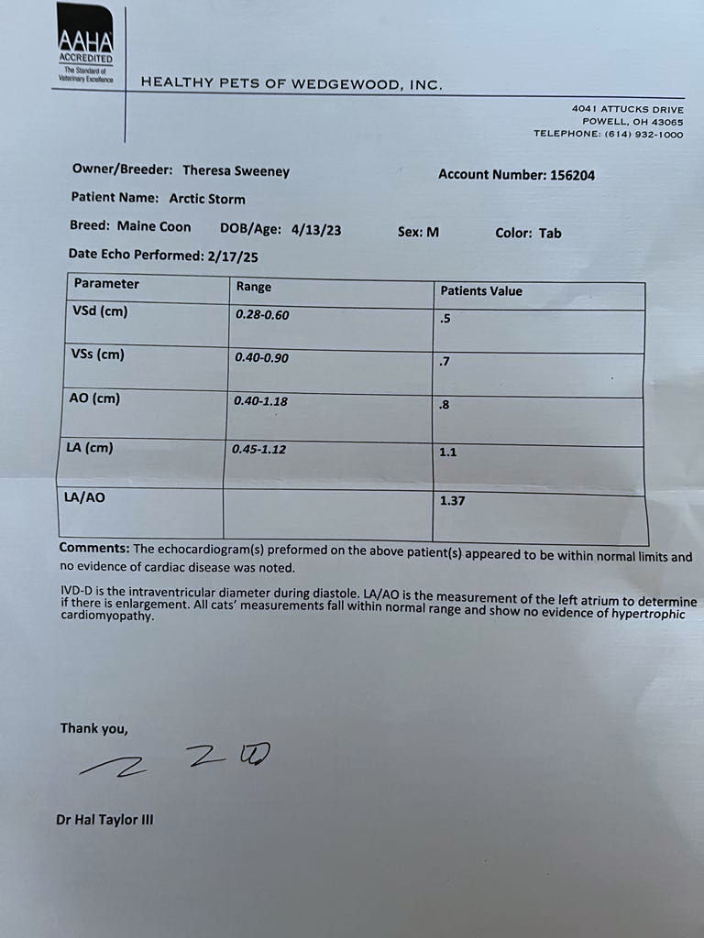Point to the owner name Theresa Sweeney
tap(235, 170)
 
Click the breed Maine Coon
tap(154, 226)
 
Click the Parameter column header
tap(106, 284)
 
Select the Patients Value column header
tap(481, 291)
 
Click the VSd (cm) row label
tap(100, 311)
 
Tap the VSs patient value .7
tap(445, 362)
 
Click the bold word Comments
tap(93, 548)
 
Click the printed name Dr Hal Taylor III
tap(104, 820)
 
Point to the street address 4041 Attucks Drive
tap(627, 110)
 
